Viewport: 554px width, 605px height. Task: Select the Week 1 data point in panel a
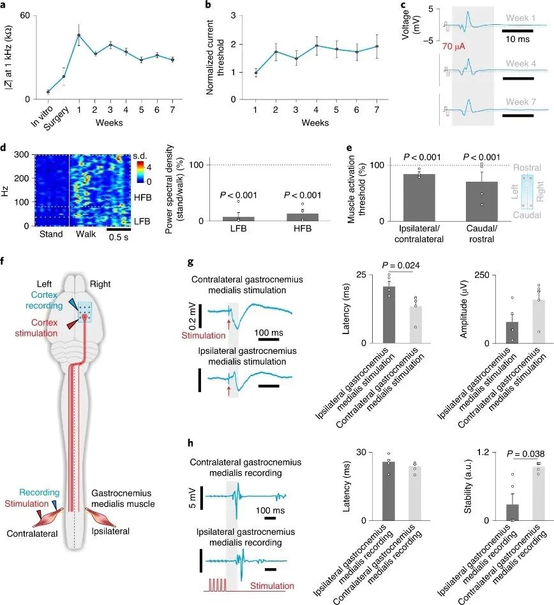(x=79, y=35)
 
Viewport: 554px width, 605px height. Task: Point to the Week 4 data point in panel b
(x=317, y=46)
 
